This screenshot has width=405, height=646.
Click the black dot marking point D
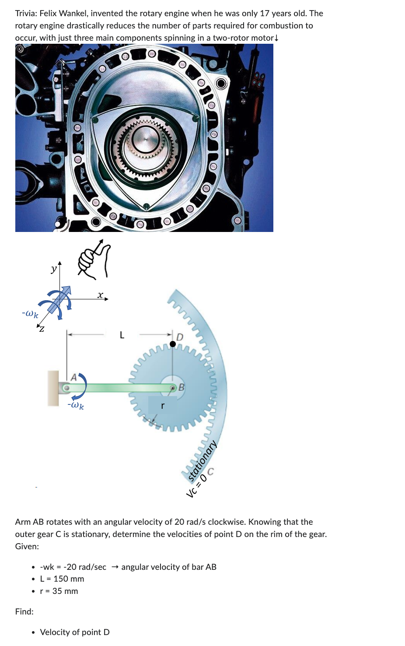173,344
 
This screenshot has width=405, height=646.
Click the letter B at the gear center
182,387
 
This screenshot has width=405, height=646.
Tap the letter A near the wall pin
73,377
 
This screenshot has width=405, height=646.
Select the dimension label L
122,335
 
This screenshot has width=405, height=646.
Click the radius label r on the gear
163,406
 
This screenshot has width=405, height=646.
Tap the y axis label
53,269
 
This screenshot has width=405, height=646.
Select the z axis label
42,329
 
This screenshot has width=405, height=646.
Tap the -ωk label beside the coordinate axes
30,314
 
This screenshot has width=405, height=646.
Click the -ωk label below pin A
76,405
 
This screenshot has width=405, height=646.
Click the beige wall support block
53,388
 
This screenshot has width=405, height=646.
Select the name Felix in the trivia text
49,14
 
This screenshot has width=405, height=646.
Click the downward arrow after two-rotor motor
276,38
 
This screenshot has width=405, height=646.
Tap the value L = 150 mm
62,579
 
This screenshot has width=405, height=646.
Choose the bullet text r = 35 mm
59,591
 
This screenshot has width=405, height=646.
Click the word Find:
24,611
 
